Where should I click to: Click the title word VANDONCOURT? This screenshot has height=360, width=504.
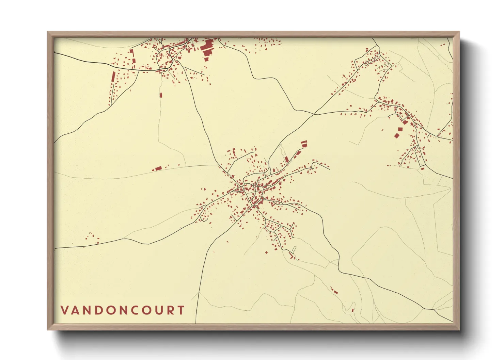coord(123,310)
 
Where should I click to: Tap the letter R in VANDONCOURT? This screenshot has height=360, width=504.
coord(170,310)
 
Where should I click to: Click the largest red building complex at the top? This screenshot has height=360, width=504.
coord(207,48)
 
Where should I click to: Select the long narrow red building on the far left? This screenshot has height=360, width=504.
coord(113,76)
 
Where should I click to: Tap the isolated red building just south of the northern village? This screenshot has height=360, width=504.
coord(161,95)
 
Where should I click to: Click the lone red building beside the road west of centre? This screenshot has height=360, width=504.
coord(158,168)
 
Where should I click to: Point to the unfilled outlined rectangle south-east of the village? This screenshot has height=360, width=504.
coord(294,249)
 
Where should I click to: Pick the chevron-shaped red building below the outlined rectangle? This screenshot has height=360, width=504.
coord(291,255)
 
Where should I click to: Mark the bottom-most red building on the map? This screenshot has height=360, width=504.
coord(353,310)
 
